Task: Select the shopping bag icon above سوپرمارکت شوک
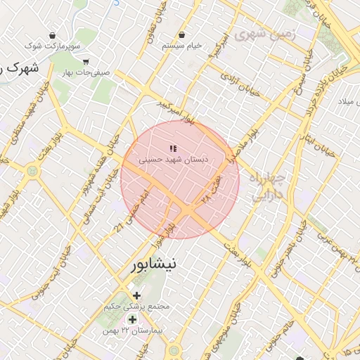point(52,35)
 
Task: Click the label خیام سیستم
point(182,46)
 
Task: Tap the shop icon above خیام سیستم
point(182,34)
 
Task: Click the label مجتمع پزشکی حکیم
point(136,307)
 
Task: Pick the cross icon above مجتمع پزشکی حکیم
point(136,295)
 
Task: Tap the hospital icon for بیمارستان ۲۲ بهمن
point(131,320)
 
